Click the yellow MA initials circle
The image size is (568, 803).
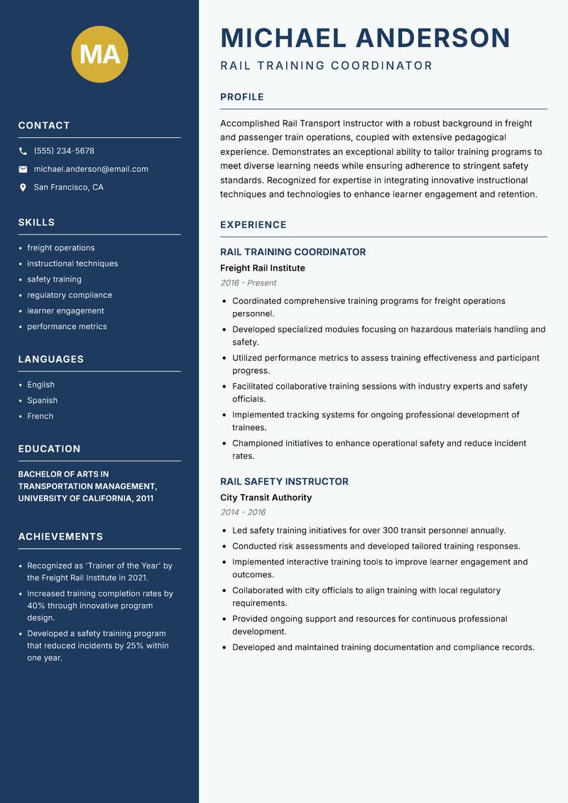tap(100, 54)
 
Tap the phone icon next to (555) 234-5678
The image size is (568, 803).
tap(23, 151)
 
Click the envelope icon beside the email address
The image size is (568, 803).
tap(23, 169)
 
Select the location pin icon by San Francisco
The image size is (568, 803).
tap(23, 188)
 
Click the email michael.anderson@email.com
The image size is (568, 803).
tap(91, 169)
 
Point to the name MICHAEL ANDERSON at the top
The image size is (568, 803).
tap(365, 38)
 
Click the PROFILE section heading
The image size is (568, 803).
tap(242, 97)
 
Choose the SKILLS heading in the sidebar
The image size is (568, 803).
tap(36, 222)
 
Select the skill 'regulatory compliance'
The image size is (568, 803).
tap(70, 295)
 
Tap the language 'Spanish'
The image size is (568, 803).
tap(42, 400)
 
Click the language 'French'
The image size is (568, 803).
tap(40, 416)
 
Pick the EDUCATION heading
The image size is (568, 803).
tap(49, 449)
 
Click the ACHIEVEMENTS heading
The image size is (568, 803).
tap(60, 537)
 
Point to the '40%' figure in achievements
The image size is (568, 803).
tap(37, 606)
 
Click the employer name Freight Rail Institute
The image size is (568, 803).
tap(262, 268)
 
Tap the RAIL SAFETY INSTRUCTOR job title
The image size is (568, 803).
tap(284, 481)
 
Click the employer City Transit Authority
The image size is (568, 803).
tap(266, 497)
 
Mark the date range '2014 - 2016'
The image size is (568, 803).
tap(243, 512)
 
